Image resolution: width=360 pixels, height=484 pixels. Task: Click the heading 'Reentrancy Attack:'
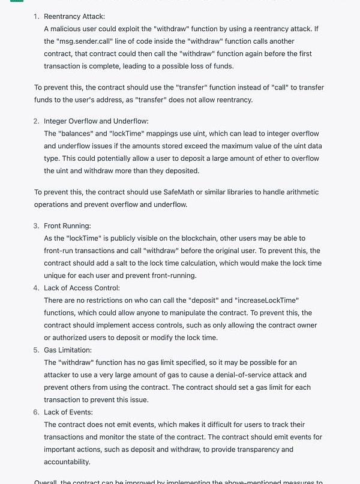(74, 16)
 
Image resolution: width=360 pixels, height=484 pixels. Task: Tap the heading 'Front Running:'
(67, 226)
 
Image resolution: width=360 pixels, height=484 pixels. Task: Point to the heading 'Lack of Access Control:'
(82, 288)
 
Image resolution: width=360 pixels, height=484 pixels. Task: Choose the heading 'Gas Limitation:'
(68, 350)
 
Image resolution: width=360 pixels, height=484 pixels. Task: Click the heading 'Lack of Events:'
(68, 412)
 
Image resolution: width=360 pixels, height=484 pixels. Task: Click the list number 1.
(36, 16)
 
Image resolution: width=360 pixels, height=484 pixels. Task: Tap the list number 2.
(36, 121)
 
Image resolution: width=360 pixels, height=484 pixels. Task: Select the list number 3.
(36, 226)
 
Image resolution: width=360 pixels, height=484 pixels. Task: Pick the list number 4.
(36, 288)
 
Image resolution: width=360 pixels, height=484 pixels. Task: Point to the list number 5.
(36, 350)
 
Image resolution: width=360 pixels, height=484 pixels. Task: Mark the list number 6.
(36, 412)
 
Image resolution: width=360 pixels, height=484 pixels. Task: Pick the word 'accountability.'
(67, 462)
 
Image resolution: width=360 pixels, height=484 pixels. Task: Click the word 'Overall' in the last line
(47, 482)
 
